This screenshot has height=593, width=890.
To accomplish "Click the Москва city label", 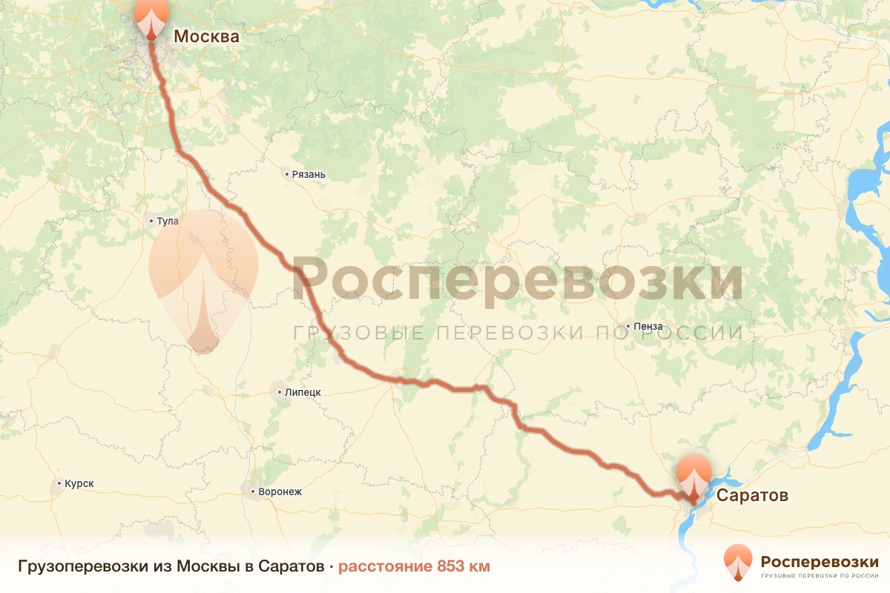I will (x=206, y=36).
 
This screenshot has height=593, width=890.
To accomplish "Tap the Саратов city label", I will (x=752, y=495).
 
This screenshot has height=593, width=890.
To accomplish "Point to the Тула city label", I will (x=168, y=221).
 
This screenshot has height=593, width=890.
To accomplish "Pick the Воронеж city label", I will (x=280, y=491).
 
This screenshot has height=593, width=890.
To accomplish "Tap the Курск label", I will (x=79, y=484).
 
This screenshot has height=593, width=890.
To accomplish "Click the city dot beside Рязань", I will (x=287, y=175).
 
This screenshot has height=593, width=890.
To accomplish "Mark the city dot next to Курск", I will (x=59, y=484).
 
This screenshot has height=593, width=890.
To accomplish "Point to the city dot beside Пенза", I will (x=628, y=326).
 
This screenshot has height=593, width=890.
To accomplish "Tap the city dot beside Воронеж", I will (x=252, y=491).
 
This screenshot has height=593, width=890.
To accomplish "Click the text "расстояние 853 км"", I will (x=414, y=567).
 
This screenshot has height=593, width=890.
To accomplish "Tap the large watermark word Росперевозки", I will (x=518, y=280).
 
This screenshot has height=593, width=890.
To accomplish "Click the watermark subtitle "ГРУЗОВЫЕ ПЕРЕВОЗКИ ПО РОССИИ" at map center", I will (x=518, y=332).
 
